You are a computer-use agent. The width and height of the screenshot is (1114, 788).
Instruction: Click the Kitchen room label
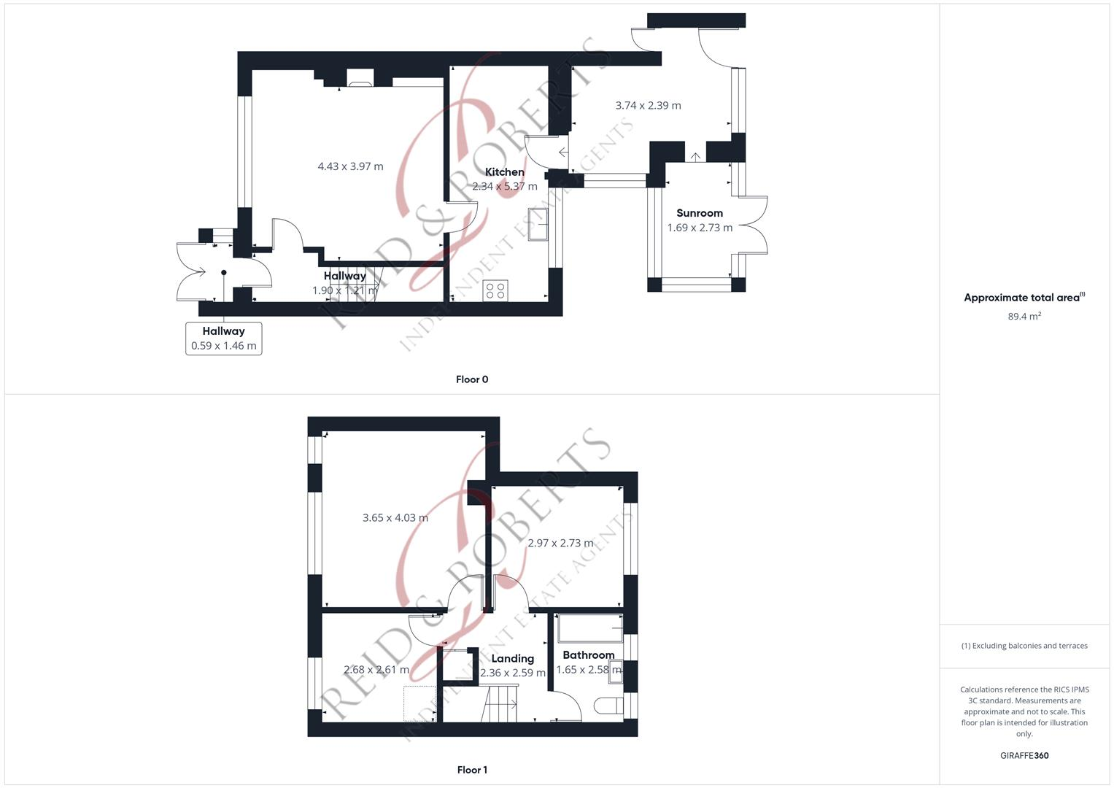click(x=504, y=172)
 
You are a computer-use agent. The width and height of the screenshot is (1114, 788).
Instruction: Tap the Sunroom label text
click(x=699, y=213)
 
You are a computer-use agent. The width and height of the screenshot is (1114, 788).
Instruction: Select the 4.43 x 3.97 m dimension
click(x=350, y=166)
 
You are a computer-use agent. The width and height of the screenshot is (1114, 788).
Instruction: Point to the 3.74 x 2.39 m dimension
click(x=648, y=105)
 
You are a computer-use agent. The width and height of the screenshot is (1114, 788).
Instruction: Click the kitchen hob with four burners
click(x=495, y=290)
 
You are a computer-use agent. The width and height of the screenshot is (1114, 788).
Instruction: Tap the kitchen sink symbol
click(x=538, y=224)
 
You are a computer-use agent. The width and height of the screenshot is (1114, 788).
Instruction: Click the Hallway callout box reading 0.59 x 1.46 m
click(x=223, y=339)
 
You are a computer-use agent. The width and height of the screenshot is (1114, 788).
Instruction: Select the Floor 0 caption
click(x=472, y=379)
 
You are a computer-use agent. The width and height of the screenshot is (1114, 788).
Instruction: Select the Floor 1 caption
click(x=472, y=770)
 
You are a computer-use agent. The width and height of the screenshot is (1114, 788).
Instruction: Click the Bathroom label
click(x=588, y=655)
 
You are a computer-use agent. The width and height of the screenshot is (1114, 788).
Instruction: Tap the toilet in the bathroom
click(x=608, y=706)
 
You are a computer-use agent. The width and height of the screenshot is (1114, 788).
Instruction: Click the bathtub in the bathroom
click(x=589, y=628)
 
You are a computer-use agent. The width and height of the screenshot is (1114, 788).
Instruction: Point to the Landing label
click(x=512, y=658)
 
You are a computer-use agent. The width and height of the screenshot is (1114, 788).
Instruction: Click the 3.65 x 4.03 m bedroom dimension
click(x=395, y=518)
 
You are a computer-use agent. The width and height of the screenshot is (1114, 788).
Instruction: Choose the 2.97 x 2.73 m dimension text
click(x=560, y=543)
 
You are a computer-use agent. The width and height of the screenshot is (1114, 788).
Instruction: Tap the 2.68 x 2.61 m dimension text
click(x=376, y=670)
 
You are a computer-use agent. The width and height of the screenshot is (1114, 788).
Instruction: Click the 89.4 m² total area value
click(x=1024, y=317)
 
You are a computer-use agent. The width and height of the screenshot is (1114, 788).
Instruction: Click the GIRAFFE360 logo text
click(x=1024, y=756)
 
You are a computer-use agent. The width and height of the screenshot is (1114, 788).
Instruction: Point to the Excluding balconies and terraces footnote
click(x=1024, y=646)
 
